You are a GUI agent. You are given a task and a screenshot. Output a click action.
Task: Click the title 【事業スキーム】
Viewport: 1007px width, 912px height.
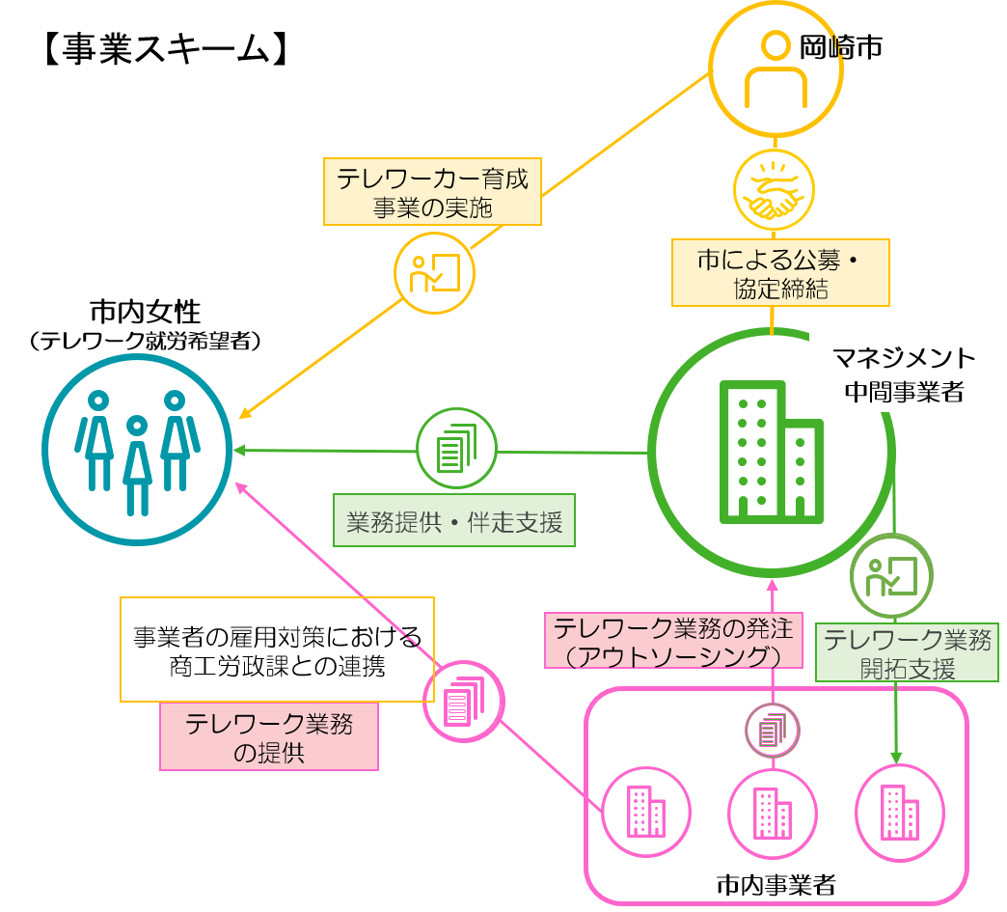click(x=165, y=49)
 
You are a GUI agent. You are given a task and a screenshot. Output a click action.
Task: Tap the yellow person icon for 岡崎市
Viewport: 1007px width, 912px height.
click(x=776, y=69)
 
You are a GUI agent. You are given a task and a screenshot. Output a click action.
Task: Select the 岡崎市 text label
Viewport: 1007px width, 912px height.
click(x=841, y=46)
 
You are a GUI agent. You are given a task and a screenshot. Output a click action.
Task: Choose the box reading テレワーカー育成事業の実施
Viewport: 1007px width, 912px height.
click(x=432, y=192)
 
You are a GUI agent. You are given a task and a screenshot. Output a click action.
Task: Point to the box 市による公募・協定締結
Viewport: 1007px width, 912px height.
click(x=779, y=273)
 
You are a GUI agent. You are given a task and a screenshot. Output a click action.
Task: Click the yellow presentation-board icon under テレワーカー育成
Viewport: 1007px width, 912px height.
click(x=434, y=273)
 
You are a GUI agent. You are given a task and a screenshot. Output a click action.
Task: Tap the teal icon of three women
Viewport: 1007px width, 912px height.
click(x=137, y=450)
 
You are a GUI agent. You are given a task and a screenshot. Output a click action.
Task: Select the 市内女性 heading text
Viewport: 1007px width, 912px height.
click(x=145, y=312)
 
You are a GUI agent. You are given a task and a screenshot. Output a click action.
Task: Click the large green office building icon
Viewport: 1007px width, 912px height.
click(x=771, y=452)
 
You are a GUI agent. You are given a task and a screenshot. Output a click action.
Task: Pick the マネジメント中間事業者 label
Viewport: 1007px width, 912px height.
click(x=904, y=374)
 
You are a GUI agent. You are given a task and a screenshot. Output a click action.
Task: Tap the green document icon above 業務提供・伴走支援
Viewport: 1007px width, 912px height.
click(x=456, y=449)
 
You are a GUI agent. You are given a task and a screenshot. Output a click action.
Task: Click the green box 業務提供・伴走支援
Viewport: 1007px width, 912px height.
click(x=453, y=521)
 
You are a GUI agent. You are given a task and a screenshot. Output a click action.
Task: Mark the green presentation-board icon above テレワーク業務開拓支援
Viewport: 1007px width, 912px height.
click(x=891, y=576)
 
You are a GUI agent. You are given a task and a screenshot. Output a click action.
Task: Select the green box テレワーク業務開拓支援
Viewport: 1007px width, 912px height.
click(x=906, y=652)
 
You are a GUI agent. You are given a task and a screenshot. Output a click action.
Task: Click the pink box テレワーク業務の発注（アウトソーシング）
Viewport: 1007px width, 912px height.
click(x=673, y=641)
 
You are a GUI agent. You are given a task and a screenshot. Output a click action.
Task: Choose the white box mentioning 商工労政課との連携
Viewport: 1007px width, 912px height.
click(x=277, y=649)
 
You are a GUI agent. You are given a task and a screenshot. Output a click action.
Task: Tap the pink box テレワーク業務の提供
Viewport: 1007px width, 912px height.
click(x=269, y=736)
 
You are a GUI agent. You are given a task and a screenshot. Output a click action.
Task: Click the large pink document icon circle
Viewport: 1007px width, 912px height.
click(x=464, y=702)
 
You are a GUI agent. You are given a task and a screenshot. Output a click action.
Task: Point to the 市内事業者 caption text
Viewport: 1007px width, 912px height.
click(x=776, y=884)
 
